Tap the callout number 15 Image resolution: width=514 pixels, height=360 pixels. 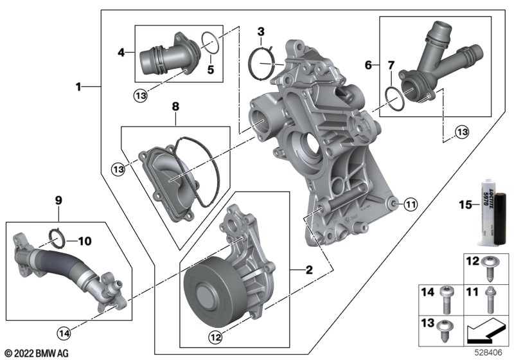465,205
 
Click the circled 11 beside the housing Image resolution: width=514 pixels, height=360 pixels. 411,204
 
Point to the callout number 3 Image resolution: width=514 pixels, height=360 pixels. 261,32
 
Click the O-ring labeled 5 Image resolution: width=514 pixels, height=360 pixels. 210,42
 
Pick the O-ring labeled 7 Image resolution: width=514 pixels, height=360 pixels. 394,99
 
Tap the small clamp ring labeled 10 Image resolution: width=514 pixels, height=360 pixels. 57,239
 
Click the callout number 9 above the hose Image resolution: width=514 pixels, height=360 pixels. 58,200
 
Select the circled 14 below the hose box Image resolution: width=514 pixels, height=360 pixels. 64,334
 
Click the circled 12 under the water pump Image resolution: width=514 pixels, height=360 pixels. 216,337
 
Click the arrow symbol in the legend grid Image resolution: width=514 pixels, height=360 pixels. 486,331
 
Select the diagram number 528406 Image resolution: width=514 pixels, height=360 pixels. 488,353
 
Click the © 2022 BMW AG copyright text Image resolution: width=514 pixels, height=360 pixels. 37,354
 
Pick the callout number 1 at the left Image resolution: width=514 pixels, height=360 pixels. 78,87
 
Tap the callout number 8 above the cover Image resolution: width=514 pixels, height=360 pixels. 175,106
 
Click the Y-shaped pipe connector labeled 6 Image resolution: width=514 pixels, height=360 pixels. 439,65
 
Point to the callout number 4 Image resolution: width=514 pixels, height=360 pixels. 121,52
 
